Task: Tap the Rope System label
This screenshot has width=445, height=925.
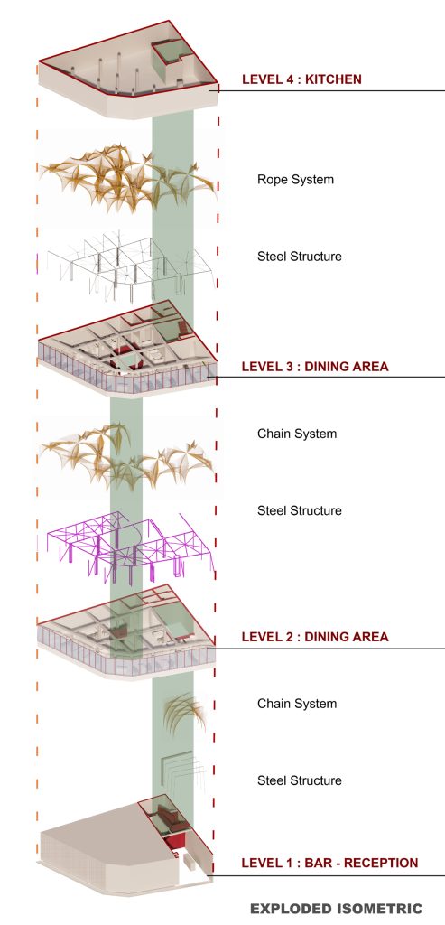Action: (295, 180)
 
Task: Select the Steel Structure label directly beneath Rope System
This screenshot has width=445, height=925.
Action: (300, 257)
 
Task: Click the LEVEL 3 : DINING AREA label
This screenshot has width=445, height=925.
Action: (315, 367)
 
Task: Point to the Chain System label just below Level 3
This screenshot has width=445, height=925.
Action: (297, 434)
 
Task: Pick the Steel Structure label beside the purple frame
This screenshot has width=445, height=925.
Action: (300, 511)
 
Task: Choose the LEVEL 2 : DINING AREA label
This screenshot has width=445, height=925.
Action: (315, 637)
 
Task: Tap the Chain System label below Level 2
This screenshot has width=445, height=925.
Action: (297, 704)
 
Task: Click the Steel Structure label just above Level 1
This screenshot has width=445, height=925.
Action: (300, 780)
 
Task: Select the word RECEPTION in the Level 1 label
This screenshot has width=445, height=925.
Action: (381, 863)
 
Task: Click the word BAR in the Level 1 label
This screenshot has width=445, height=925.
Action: (319, 863)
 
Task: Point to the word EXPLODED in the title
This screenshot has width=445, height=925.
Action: (289, 909)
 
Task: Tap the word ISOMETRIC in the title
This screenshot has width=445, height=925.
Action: (378, 909)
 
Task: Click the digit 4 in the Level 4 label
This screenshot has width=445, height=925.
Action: (280, 79)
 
